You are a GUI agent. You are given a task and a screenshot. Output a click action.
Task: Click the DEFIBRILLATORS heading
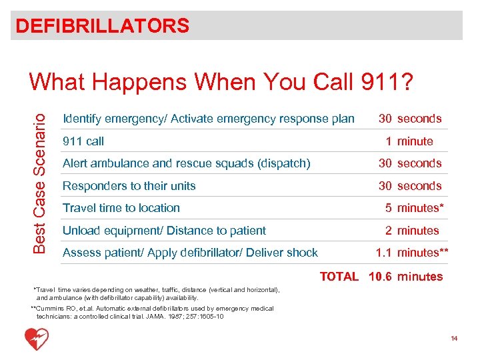(103, 26)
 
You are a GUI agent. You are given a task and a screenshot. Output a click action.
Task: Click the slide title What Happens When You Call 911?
(221, 82)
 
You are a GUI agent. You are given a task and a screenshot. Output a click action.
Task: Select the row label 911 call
(83, 141)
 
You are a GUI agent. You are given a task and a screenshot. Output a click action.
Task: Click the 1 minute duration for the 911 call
(409, 141)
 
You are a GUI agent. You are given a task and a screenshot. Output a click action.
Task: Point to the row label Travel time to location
(121, 208)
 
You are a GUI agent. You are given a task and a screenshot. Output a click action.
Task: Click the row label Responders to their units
(129, 186)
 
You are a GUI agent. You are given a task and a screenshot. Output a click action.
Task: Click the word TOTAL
(339, 277)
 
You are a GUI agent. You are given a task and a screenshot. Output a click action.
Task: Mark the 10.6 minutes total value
(406, 277)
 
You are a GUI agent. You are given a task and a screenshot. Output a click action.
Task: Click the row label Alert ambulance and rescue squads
(187, 163)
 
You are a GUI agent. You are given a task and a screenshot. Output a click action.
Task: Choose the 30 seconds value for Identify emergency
(410, 119)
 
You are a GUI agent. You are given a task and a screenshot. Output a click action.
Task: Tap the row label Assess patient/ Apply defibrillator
(190, 253)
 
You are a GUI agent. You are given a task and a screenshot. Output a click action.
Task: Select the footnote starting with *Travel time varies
(157, 294)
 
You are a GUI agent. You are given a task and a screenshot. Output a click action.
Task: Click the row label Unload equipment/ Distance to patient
(164, 231)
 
